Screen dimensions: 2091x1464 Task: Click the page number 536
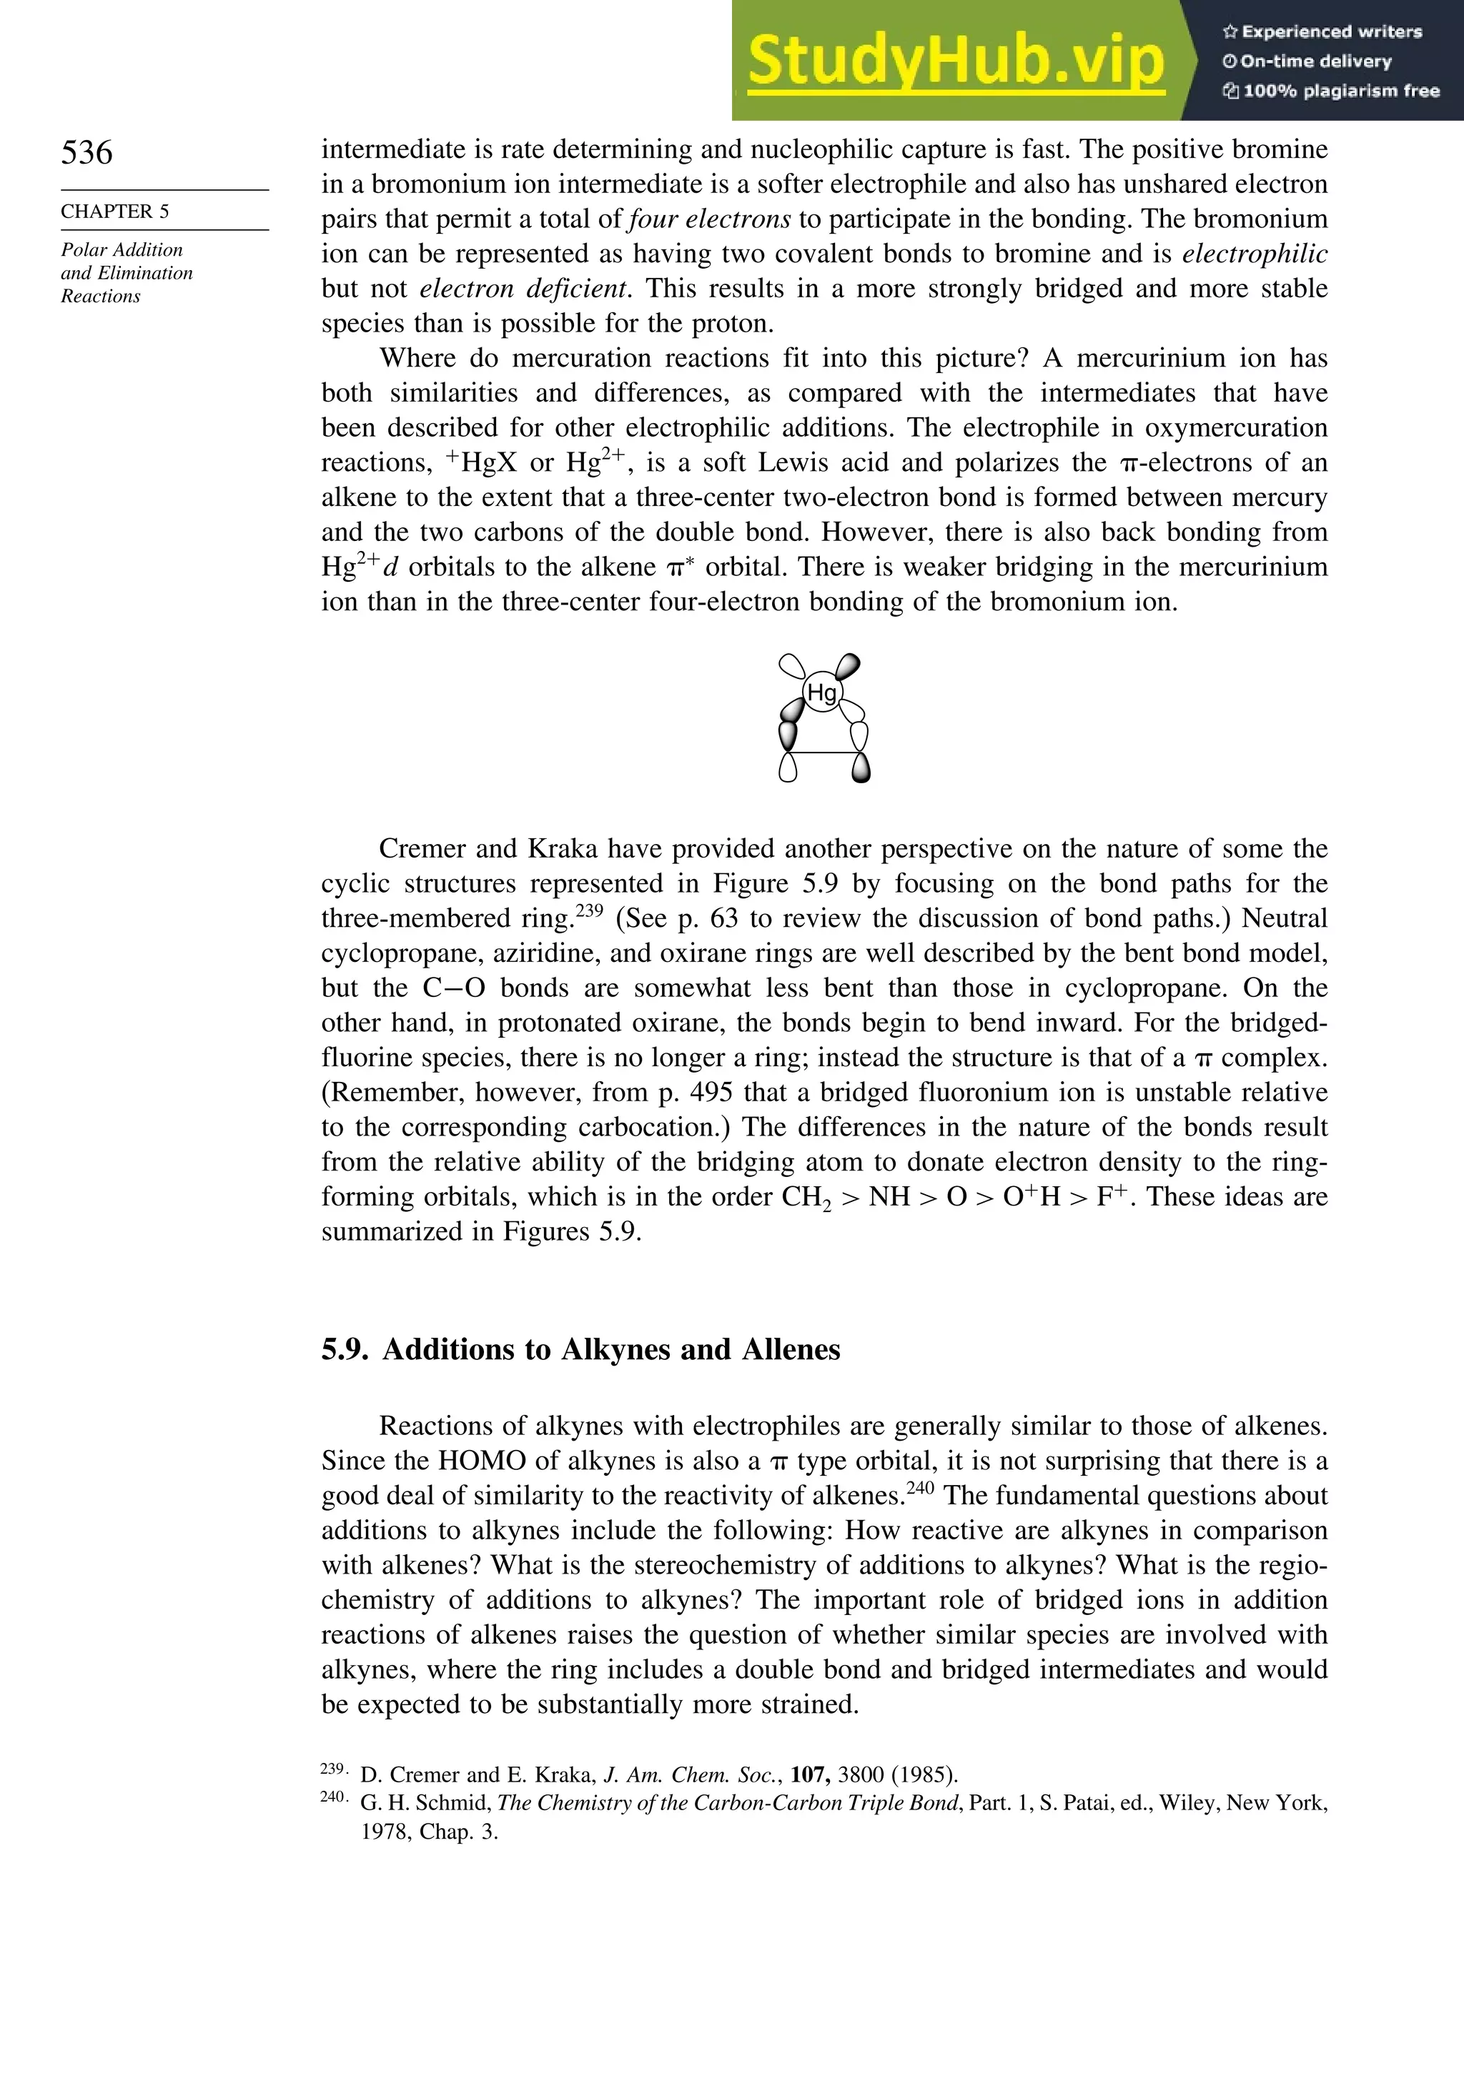coord(87,152)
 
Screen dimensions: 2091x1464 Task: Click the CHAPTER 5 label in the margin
coord(115,212)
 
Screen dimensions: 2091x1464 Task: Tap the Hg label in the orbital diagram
coord(822,693)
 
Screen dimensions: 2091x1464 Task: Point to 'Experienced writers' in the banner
coord(1331,32)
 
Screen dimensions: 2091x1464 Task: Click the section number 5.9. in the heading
coord(345,1350)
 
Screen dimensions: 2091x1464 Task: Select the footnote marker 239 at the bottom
coord(332,1769)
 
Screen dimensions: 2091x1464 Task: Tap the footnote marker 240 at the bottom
coord(332,1797)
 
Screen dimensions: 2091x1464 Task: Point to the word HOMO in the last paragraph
coord(482,1461)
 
